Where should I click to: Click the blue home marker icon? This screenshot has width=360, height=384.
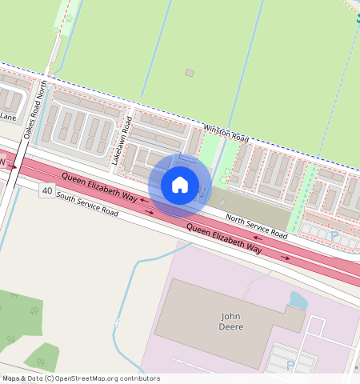[180, 185]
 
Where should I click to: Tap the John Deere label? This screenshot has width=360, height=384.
[231, 321]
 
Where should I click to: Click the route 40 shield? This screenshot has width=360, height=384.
[48, 191]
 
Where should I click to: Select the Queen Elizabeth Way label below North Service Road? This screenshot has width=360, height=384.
[225, 238]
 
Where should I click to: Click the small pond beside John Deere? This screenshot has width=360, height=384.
[297, 301]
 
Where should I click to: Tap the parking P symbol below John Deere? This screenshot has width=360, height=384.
[290, 365]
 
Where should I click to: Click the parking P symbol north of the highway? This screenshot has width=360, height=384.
[334, 236]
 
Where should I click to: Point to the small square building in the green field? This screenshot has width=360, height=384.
[190, 73]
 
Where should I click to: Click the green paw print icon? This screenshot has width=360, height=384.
[69, 17]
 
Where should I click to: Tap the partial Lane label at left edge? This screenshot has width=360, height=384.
[8, 117]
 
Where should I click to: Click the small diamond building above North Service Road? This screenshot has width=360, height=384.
[222, 202]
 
